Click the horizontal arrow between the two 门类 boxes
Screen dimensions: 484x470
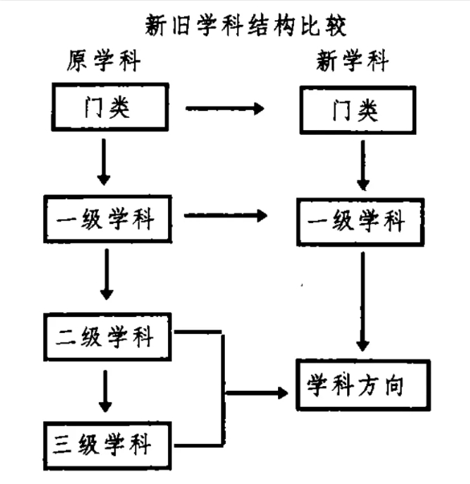(225, 108)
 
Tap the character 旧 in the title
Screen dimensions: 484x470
(181, 25)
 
